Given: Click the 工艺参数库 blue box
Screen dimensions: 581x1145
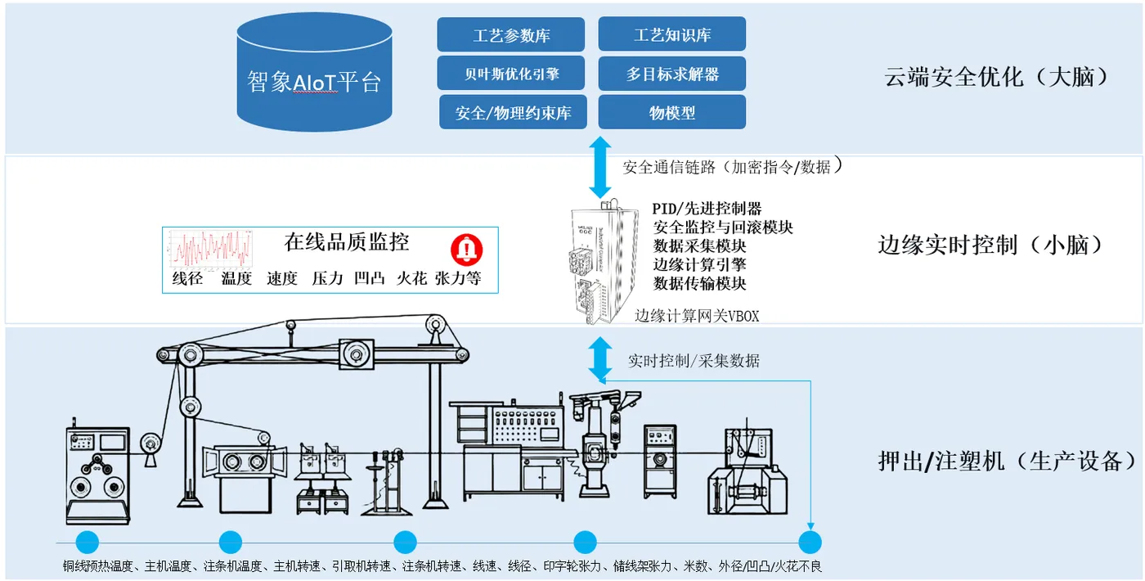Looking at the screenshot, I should point(510,35).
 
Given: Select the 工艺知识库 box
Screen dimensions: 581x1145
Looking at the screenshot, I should point(671,35).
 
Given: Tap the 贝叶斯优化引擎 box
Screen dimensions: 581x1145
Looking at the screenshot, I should point(510,74).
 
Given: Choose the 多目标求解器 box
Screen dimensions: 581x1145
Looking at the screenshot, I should point(671,74).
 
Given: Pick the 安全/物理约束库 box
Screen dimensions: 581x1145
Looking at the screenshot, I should point(513,112).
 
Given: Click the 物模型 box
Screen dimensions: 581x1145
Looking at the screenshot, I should point(671,112).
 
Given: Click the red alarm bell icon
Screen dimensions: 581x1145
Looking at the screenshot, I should point(468,249).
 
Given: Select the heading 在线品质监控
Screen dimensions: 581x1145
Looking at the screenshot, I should point(346,241).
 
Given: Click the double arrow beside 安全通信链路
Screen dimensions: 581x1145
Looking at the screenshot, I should point(601,167).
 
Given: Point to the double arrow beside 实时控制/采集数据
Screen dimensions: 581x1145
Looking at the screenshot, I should point(601,360).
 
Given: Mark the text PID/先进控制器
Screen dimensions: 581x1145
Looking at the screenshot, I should point(707,209).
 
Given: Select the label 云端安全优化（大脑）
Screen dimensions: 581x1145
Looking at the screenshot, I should point(996,77).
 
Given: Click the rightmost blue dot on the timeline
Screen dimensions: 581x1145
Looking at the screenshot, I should point(810,542).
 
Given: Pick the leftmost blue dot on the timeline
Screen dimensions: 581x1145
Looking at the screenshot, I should point(87,542).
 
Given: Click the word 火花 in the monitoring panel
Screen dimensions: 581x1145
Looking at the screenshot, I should point(411,278).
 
